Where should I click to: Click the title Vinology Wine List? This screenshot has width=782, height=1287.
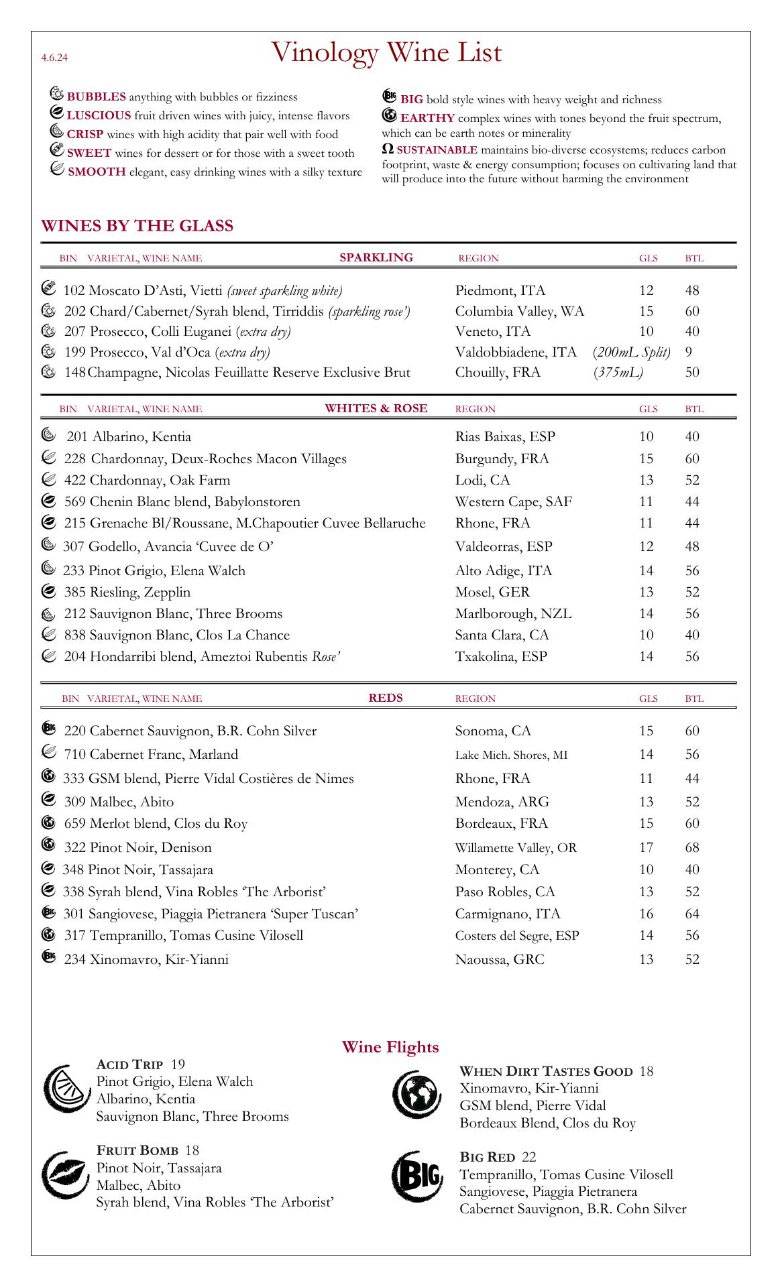[387, 53]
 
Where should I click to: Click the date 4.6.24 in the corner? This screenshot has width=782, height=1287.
[54, 58]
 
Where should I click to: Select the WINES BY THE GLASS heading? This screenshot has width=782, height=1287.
[137, 226]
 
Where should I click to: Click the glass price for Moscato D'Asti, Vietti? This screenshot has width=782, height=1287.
[646, 290]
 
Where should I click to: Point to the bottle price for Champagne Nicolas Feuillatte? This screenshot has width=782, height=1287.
[692, 372]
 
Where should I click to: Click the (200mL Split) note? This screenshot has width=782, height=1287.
[632, 352]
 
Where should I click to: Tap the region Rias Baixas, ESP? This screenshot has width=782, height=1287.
[505, 437]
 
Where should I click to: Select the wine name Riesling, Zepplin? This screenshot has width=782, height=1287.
[139, 592]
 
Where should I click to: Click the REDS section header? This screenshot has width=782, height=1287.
[386, 698]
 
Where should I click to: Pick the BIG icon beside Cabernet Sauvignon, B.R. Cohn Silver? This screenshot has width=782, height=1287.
[48, 729]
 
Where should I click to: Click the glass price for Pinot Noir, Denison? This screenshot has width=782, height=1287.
[646, 847]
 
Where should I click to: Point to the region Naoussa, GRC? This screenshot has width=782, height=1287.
[500, 959]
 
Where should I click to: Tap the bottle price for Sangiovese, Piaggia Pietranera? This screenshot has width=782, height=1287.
[692, 914]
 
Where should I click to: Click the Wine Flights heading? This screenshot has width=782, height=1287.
[390, 1047]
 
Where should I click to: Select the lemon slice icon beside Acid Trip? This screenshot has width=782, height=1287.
[63, 1090]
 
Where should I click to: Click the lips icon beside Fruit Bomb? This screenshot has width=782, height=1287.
[63, 1177]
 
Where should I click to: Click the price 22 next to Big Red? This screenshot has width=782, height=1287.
[528, 1157]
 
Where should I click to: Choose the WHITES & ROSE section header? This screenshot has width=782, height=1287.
[376, 408]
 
